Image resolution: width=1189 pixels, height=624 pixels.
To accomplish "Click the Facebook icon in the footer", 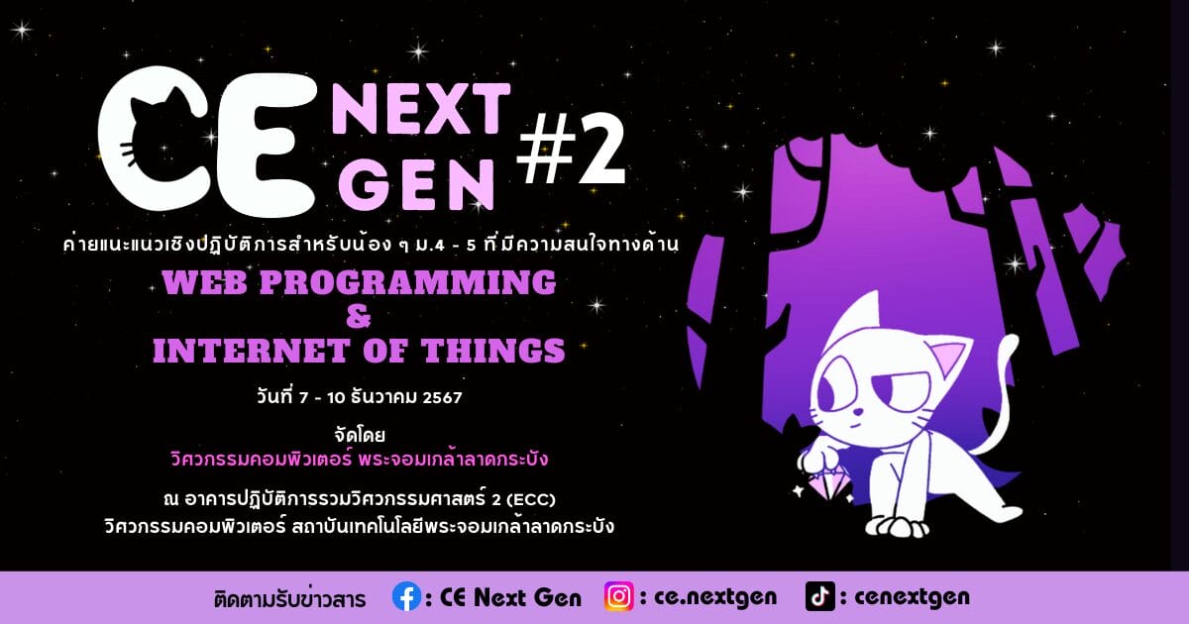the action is tap(406, 597).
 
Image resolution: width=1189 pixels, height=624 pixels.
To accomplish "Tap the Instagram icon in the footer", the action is tap(619, 597).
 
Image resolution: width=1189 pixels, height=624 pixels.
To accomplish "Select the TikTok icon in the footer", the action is tap(820, 596).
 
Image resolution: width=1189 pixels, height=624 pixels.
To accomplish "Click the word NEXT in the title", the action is tap(421, 109).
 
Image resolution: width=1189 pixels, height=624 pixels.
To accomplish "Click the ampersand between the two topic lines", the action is tap(359, 316).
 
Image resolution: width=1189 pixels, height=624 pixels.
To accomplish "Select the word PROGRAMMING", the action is tap(407, 281).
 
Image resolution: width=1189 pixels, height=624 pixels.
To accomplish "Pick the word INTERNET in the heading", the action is tap(251, 351).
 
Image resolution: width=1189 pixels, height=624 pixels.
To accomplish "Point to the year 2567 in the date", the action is tap(442, 397).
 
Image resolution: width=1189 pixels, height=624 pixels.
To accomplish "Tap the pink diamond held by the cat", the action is tap(827, 483).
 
